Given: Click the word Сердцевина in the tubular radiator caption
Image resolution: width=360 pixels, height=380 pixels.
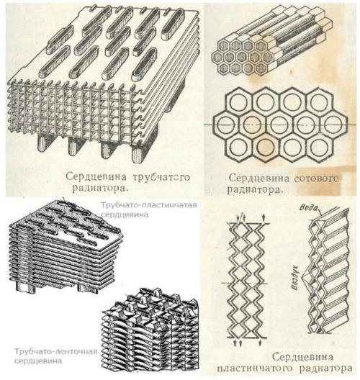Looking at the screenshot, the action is pos(96,176).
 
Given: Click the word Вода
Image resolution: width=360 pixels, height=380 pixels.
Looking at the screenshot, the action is pos(309,207).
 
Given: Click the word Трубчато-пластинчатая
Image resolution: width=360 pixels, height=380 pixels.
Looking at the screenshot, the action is pos(149,205).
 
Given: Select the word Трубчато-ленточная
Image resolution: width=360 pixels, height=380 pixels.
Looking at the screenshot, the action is pos(55,351).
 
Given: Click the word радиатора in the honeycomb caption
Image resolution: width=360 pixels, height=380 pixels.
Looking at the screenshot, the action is pos(255,189).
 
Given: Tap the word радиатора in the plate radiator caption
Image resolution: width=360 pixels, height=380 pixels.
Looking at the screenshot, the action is pos(325,369).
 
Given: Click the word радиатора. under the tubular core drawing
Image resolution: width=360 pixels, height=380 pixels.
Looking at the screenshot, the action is pos(99,189).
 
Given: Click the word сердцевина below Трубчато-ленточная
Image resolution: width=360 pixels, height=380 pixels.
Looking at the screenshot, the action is pos(38,361).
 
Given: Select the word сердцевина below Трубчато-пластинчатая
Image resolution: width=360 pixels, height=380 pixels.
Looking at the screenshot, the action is pos(125,214).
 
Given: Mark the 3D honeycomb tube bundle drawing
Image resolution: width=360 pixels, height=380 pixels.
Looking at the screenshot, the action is pos(272,40).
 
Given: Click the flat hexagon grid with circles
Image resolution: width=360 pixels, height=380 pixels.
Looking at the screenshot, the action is pos(281,125).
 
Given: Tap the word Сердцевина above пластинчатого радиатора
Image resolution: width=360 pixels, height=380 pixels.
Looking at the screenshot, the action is pos(302,357).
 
